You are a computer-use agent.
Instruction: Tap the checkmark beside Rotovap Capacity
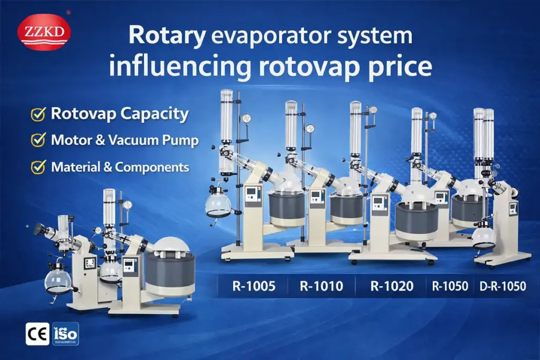pos(38,114)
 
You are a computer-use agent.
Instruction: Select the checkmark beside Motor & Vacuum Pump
pos(38,141)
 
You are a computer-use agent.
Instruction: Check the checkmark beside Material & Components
pos(38,168)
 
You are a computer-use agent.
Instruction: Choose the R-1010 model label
pos(321,286)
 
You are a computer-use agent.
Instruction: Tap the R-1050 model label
pos(450,286)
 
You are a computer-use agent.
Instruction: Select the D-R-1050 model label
pos(503,286)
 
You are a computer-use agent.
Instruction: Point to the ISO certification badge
pos(65,334)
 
